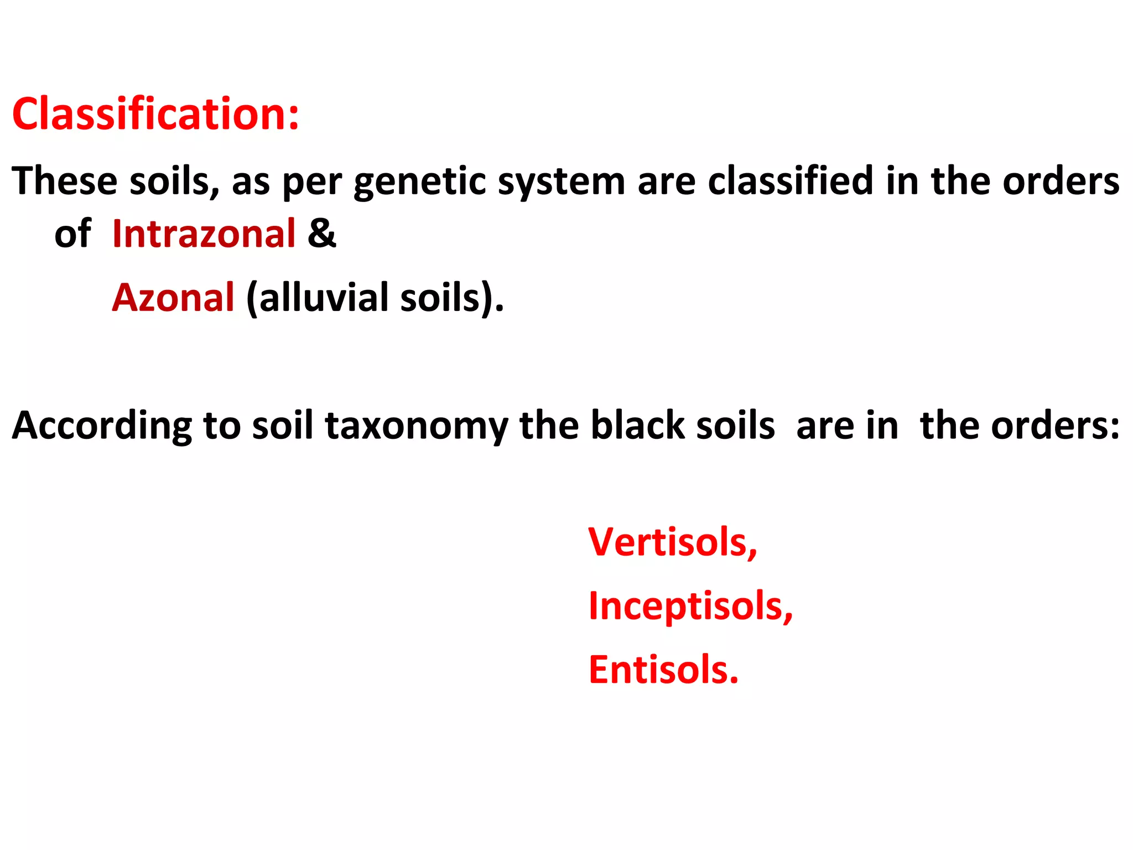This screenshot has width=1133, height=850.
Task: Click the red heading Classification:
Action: tap(155, 114)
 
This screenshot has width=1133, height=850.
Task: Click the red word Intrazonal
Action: tap(204, 234)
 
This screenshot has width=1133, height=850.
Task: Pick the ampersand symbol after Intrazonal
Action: tap(322, 233)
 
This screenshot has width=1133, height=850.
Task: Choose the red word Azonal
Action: tap(173, 298)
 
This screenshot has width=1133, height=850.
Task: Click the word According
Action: tap(102, 426)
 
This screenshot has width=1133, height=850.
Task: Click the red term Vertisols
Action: tap(672, 542)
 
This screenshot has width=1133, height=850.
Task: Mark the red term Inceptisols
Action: tap(690, 606)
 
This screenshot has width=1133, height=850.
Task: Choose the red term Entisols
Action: tap(663, 670)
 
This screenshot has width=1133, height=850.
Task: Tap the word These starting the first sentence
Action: tap(65, 181)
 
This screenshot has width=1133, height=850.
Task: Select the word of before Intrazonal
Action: tap(72, 234)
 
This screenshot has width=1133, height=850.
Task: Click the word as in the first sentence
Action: tap(251, 182)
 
